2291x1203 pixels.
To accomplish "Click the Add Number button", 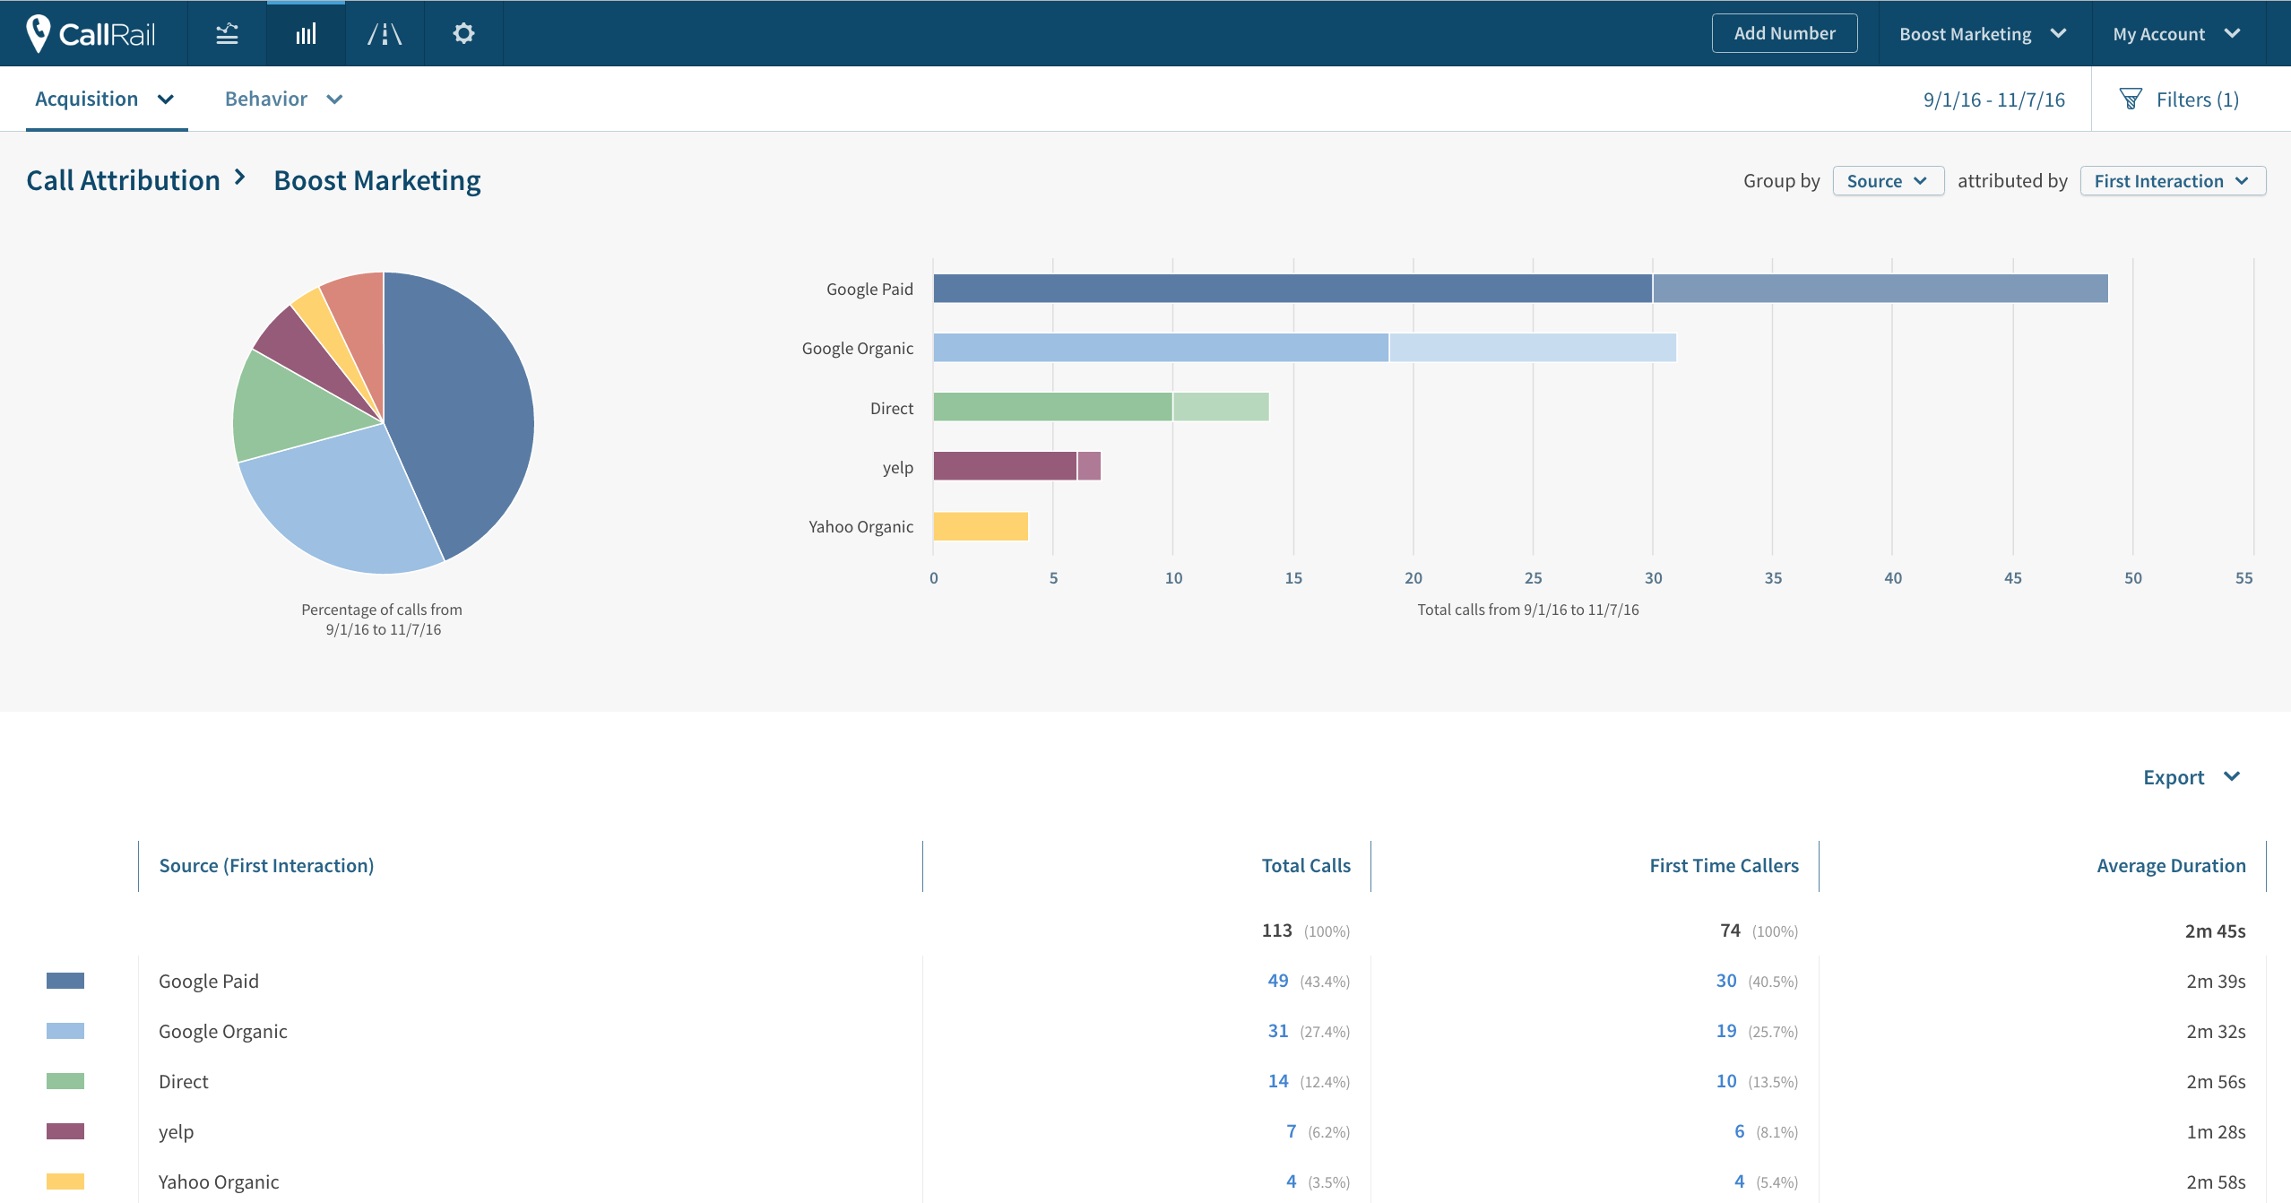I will pyautogui.click(x=1784, y=33).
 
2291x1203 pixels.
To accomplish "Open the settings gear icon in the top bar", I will pyautogui.click(x=463, y=33).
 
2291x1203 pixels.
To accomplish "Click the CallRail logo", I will pyautogui.click(x=92, y=33).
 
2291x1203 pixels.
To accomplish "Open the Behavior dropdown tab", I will pyautogui.click(x=282, y=99).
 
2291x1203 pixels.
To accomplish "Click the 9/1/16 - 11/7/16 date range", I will pyautogui.click(x=1993, y=100).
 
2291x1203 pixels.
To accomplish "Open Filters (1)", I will pyautogui.click(x=2179, y=100).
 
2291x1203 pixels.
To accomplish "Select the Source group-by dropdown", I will pyautogui.click(x=1887, y=181).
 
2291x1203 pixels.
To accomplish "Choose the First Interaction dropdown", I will pyautogui.click(x=2171, y=181).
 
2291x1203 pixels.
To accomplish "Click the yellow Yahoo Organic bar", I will pyautogui.click(x=980, y=526).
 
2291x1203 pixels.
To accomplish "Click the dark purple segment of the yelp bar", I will pyautogui.click(x=1004, y=466).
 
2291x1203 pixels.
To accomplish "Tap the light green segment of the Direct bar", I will pyautogui.click(x=1220, y=407).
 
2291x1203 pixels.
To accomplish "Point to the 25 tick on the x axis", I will pyautogui.click(x=1533, y=578).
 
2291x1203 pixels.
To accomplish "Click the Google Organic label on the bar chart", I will pyautogui.click(x=857, y=348).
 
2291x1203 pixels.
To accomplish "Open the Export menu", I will pyautogui.click(x=2190, y=777).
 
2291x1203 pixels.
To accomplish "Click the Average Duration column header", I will pyautogui.click(x=2170, y=865).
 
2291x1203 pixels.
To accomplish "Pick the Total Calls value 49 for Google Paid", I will pyautogui.click(x=1277, y=981).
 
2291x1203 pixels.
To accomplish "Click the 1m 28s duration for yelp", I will pyautogui.click(x=2215, y=1131).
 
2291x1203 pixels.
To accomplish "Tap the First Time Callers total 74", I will pyautogui.click(x=1729, y=930).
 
